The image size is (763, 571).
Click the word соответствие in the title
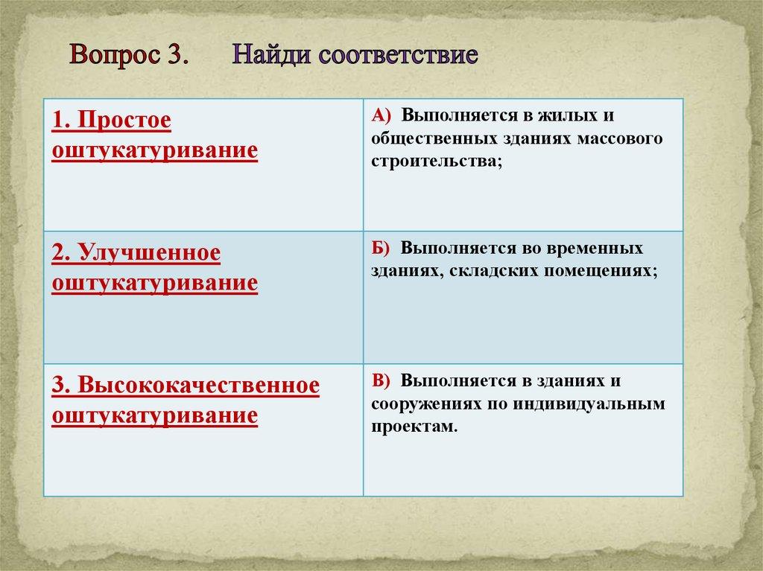point(398,55)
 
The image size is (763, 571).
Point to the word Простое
point(124,120)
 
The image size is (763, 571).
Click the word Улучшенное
point(149,253)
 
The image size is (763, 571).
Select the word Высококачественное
point(198,385)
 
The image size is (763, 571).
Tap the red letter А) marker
point(381,115)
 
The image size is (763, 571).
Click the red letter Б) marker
point(381,248)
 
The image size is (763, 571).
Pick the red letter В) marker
point(381,380)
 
